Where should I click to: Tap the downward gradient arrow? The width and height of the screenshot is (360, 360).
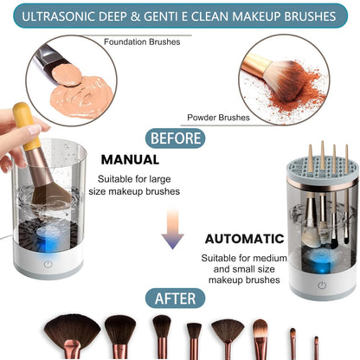coord(172,234)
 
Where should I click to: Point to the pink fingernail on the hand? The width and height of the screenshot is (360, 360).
coord(36,130)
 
